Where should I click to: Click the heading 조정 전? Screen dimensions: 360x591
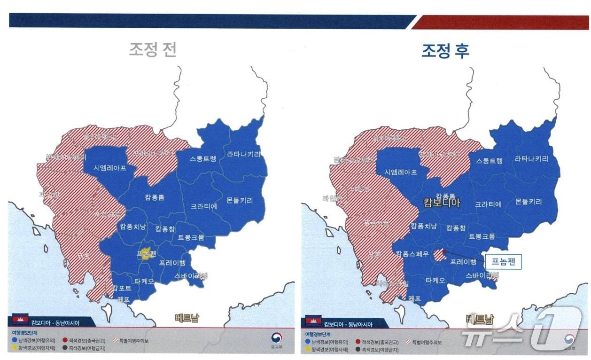[153, 50]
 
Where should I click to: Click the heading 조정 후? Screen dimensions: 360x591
[444, 51]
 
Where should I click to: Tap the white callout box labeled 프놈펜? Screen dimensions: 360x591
[503, 261]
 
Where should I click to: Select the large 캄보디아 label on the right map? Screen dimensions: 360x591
[442, 203]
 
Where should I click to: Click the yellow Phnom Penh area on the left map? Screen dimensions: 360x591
[146, 253]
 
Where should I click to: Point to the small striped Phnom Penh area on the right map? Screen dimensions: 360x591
[439, 255]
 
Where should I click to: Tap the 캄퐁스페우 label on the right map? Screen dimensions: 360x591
[412, 254]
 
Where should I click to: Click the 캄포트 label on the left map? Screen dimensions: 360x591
[122, 288]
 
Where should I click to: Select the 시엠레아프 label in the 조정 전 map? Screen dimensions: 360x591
[110, 168]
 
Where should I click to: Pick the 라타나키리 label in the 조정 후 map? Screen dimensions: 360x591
[531, 159]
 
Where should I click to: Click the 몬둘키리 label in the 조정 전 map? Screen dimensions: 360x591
[239, 200]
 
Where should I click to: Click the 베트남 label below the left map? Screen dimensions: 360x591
[187, 318]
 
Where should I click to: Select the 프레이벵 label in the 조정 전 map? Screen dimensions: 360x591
[172, 262]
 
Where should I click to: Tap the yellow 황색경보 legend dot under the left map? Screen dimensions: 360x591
[15, 348]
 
